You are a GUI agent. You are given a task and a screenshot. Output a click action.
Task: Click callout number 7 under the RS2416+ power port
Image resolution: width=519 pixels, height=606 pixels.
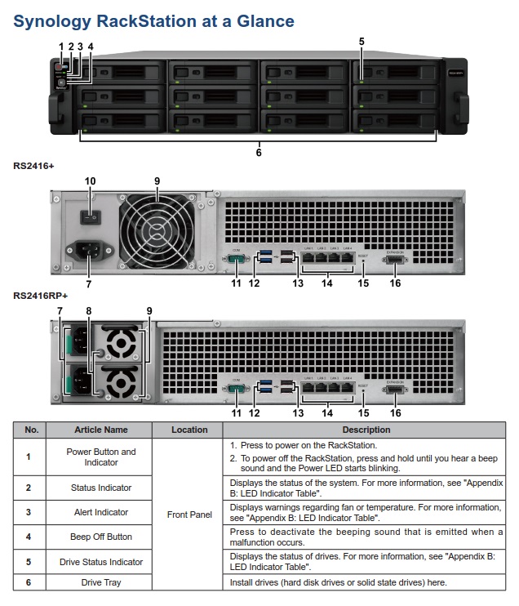point(88,283)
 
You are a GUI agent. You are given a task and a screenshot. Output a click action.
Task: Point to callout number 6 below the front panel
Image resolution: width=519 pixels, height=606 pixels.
point(259,151)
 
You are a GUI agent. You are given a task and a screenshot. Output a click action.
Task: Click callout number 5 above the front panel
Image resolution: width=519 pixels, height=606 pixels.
point(362,40)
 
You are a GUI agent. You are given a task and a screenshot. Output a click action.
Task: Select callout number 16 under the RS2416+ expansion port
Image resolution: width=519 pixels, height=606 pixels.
point(396,283)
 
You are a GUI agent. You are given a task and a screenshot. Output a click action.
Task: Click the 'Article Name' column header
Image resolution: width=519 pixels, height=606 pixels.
point(101,430)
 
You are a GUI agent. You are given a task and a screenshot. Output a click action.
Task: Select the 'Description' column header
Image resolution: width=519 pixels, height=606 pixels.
point(366,430)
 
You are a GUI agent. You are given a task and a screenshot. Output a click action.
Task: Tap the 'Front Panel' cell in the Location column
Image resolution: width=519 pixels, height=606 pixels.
point(189,515)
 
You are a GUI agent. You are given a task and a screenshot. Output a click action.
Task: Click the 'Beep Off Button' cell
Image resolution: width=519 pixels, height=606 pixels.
point(101,537)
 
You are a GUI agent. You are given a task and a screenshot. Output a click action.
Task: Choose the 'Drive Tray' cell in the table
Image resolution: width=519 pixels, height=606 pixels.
point(101,582)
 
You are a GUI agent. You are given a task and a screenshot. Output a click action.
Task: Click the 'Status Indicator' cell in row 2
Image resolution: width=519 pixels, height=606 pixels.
point(101,488)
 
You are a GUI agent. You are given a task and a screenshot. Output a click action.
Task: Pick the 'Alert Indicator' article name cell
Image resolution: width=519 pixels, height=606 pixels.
point(101,512)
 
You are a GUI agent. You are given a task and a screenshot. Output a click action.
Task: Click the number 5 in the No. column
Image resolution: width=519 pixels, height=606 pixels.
point(29,562)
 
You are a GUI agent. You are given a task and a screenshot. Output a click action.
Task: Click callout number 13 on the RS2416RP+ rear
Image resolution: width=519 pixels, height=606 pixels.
point(298,412)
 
